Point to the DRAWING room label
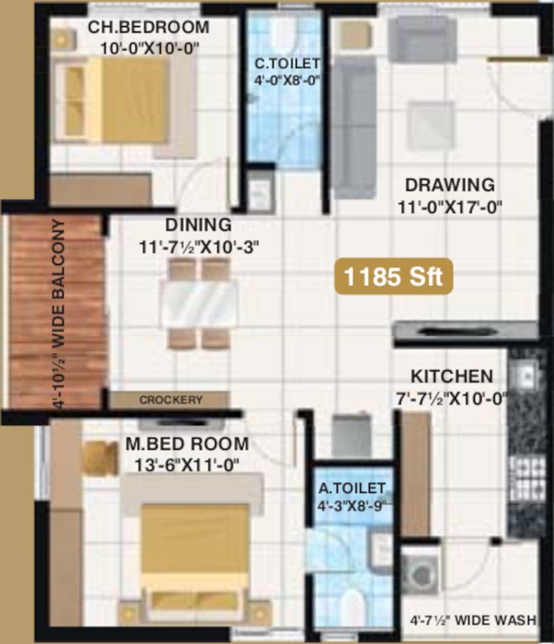tap(449, 184)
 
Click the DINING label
tap(197, 225)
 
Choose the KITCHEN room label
tap(451, 377)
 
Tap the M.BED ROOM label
tap(187, 444)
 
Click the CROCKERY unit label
tap(170, 400)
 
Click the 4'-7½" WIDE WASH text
tap(473, 621)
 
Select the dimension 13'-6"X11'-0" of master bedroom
tap(186, 465)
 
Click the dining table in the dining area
tap(199, 303)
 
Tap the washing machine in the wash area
tap(418, 572)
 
